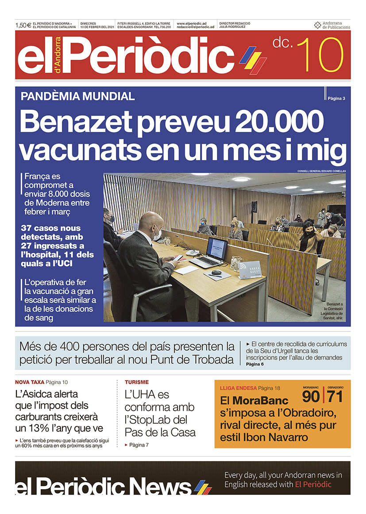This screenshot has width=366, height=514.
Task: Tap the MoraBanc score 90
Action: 312,396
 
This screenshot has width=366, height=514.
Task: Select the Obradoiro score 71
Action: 335,396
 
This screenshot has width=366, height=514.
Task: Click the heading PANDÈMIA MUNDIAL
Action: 77,96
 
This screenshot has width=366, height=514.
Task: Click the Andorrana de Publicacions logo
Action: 332,25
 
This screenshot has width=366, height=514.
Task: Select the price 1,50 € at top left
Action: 23,25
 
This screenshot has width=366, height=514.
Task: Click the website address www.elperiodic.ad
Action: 192,23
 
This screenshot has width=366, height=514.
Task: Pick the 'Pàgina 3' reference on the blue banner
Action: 336,98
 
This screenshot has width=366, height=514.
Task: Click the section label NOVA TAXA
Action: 29,382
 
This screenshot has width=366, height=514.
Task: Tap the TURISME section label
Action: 137,382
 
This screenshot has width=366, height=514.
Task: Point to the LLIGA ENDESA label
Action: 238,388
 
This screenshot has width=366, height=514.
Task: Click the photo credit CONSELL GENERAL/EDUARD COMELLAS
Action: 321,171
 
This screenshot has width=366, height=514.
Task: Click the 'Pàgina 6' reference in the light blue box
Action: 255,364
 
